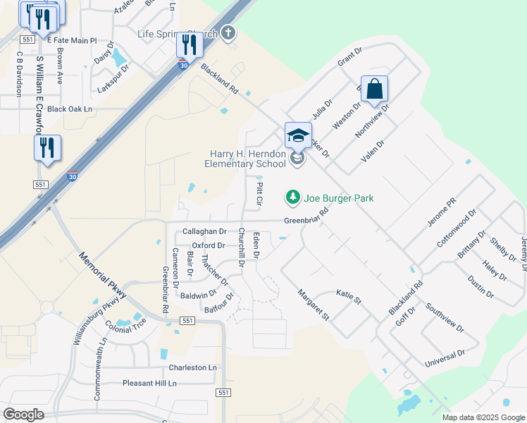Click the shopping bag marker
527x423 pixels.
click(375, 90)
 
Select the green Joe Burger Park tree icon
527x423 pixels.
click(293, 197)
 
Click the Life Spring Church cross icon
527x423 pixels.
click(228, 32)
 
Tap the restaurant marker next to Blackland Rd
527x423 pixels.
click(190, 45)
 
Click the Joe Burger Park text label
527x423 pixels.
click(338, 198)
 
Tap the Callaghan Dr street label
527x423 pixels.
click(204, 231)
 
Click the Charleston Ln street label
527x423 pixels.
click(192, 368)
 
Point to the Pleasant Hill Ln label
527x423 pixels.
click(149, 384)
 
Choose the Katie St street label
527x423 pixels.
click(348, 296)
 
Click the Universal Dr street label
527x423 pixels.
click(445, 359)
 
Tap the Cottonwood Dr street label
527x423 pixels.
click(457, 226)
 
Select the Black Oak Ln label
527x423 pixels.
click(70, 109)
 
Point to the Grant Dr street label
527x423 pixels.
click(349, 56)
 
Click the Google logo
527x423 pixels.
click(23, 415)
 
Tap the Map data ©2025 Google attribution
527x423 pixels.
click(483, 417)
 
